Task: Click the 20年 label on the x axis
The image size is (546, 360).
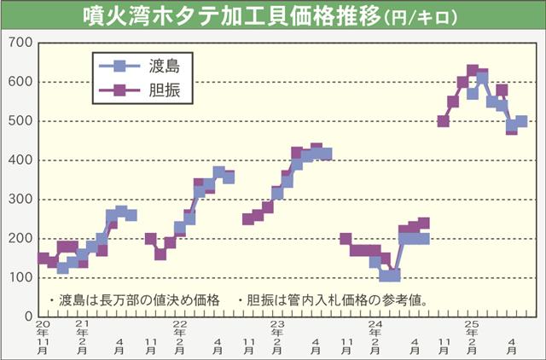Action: pos(43,329)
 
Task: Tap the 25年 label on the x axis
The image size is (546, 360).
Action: pos(472,329)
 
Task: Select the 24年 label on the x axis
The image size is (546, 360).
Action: pos(375,329)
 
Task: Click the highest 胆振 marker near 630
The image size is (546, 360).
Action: pos(473,71)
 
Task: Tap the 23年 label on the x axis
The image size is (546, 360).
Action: pos(277,329)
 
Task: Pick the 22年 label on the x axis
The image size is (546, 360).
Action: pos(179,329)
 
